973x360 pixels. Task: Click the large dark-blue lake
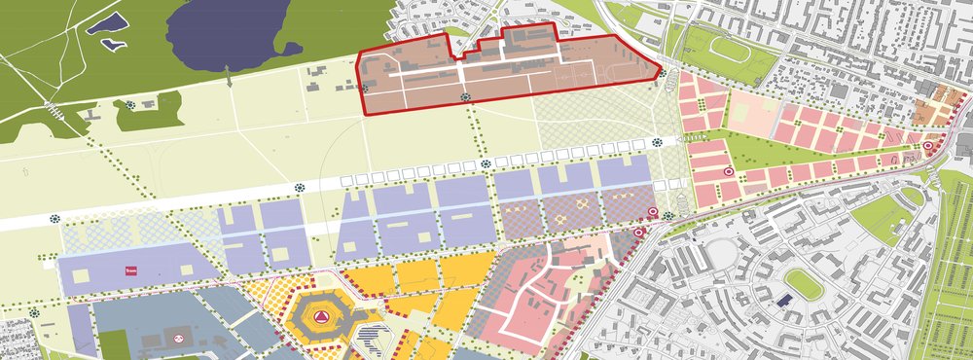[x=229, y=34]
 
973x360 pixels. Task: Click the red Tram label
[x=127, y=271]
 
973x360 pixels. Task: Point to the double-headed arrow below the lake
[x=230, y=77]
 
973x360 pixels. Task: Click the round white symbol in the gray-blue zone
[x=180, y=337]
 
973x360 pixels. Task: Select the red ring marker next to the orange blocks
[x=927, y=147]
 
